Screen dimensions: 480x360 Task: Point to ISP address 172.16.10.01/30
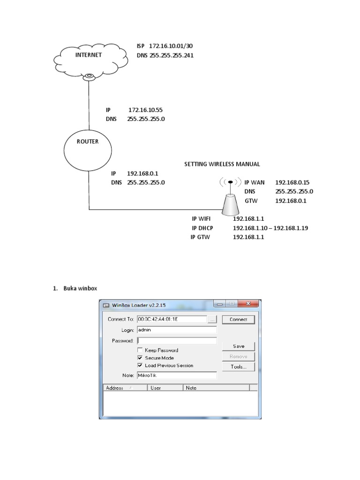[x=171, y=46]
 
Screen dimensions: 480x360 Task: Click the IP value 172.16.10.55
[x=145, y=110]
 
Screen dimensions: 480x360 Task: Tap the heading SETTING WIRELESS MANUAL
[x=222, y=164]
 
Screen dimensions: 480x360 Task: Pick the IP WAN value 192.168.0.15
[x=292, y=182]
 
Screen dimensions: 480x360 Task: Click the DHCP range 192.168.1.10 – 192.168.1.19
[x=270, y=228]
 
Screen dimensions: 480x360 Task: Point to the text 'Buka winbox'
[x=81, y=288]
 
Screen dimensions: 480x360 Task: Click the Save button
[x=239, y=346]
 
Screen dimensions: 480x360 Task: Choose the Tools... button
[x=239, y=367]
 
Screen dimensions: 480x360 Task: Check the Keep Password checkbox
[x=140, y=350]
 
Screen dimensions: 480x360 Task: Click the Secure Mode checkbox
[x=140, y=358]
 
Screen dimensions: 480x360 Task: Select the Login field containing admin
[x=177, y=330]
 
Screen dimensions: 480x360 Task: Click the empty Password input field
[x=177, y=341]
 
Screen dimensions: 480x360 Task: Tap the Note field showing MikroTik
[x=177, y=375]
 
